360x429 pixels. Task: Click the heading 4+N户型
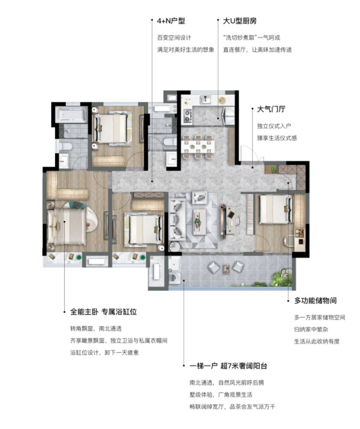171,21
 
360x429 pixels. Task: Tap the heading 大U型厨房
240,21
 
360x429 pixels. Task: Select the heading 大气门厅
271,109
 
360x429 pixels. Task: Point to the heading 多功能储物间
315,301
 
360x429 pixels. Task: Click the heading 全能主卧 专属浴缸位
103,312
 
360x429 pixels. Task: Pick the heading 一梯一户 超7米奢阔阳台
228,366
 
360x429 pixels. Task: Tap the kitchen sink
206,100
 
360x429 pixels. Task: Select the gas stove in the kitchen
188,116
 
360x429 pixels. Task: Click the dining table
198,146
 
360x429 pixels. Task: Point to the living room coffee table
199,222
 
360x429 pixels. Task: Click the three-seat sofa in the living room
177,220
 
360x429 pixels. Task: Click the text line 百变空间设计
174,38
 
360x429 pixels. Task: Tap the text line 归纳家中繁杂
311,329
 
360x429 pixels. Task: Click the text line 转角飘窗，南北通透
96,328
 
